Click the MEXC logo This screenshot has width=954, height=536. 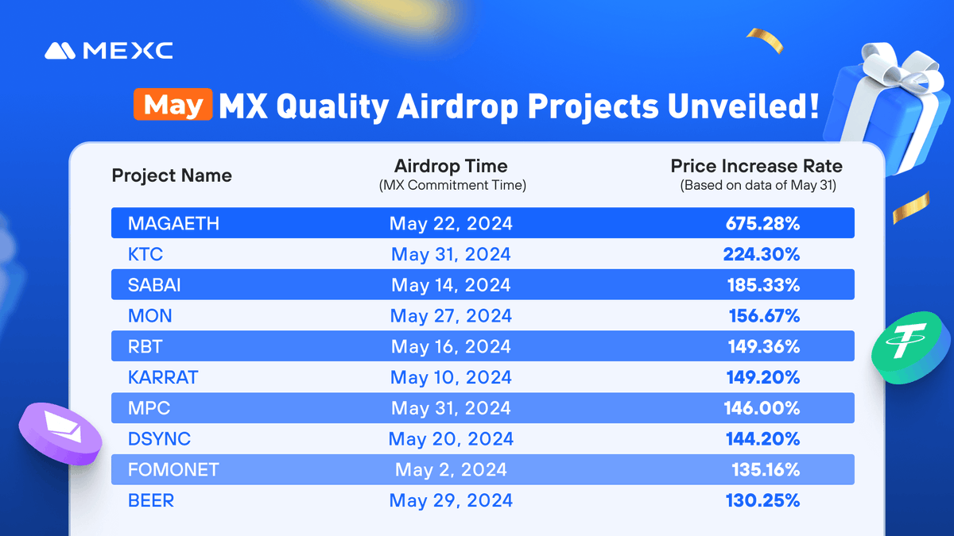click(x=109, y=51)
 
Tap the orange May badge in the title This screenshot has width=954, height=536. click(x=172, y=105)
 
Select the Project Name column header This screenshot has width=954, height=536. click(x=172, y=175)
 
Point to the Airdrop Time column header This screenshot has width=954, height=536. click(x=451, y=167)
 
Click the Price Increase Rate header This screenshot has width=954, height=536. click(x=756, y=167)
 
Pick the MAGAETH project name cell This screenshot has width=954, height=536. click(x=173, y=224)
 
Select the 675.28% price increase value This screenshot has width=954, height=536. click(x=762, y=224)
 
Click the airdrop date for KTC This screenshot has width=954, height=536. click(x=451, y=255)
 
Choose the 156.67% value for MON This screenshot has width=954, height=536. click(x=763, y=316)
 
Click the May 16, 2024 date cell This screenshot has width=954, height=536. click(x=451, y=347)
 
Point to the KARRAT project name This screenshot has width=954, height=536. click(x=163, y=377)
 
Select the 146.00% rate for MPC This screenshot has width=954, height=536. click(x=762, y=408)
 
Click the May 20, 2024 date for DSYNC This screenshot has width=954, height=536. click(x=451, y=439)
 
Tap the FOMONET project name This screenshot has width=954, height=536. click(x=173, y=470)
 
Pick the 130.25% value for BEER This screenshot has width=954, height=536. click(x=762, y=500)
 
